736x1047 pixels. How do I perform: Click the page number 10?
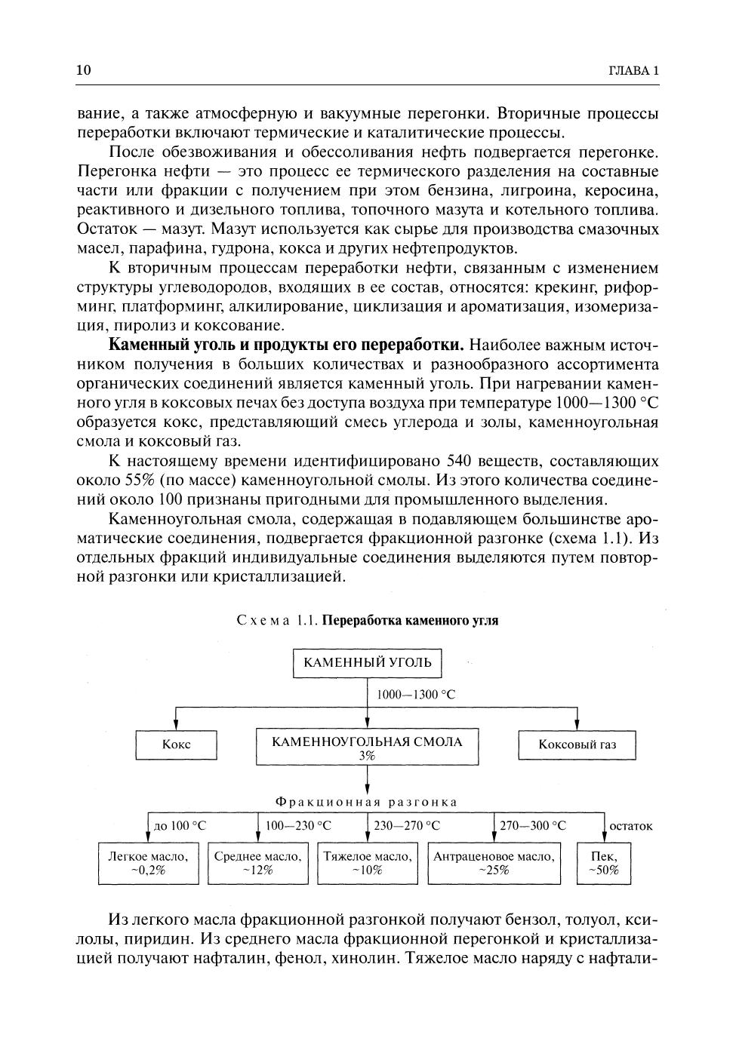pos(84,71)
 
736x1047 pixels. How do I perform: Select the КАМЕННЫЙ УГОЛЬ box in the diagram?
pos(367,663)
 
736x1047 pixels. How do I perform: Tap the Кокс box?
pos(176,745)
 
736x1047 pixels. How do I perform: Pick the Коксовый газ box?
pos(577,745)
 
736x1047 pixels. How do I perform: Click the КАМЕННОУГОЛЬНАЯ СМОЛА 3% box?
pos(367,747)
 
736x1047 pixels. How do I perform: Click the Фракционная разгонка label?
pos(367,802)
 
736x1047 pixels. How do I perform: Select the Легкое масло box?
pos(148,863)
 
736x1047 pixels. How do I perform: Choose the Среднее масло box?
pos(257,863)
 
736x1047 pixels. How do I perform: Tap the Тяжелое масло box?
pos(368,863)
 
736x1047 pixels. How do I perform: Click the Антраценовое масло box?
pos(494,863)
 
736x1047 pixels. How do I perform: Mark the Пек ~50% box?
pos(604,863)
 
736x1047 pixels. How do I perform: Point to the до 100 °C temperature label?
pos(180,826)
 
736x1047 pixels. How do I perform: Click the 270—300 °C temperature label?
pos(533,826)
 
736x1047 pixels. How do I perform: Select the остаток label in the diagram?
pos(630,826)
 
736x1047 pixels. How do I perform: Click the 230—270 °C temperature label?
pos(407,826)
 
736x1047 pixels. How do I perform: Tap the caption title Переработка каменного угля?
pos(410,621)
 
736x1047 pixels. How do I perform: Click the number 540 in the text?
pos(460,461)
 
